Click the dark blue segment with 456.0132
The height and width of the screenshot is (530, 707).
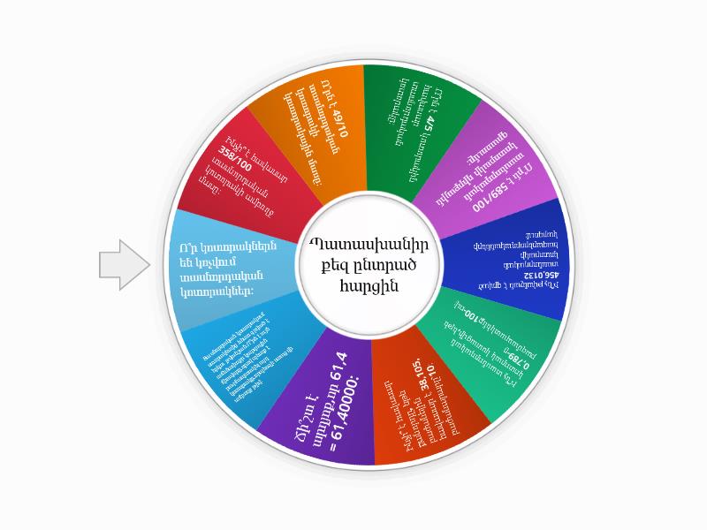508,256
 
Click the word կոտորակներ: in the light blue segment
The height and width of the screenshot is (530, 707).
217,291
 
